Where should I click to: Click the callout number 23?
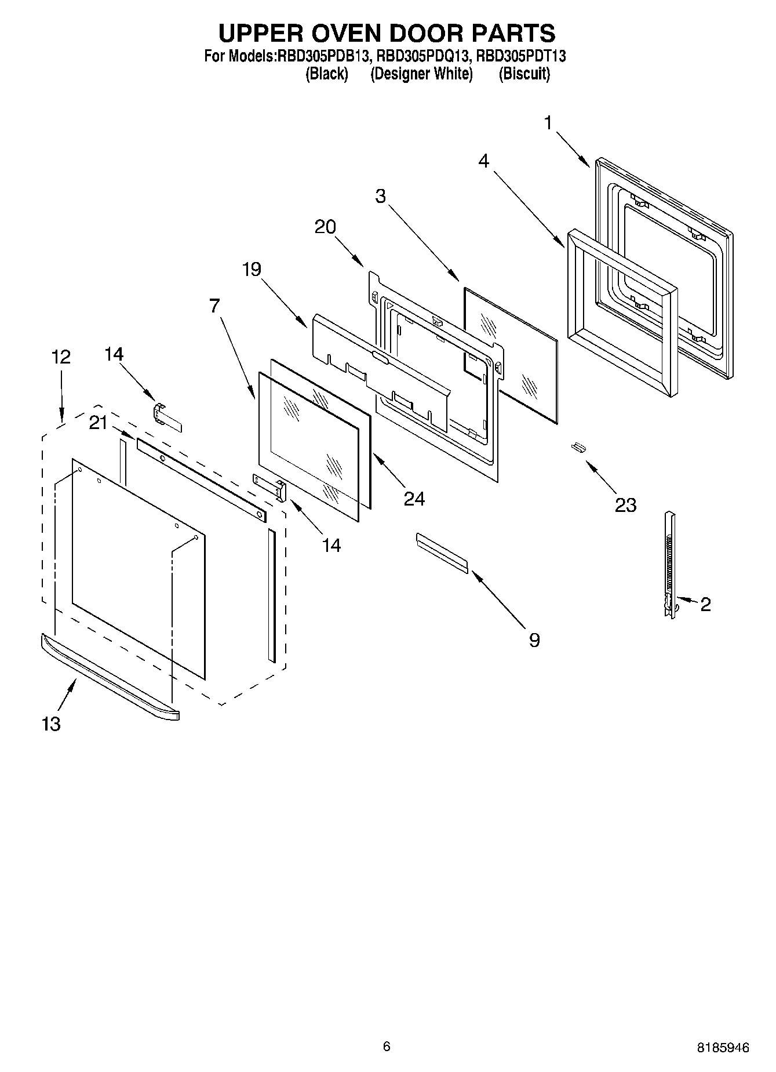click(625, 504)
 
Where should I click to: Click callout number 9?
click(534, 640)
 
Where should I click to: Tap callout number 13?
click(51, 723)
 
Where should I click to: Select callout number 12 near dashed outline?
click(61, 357)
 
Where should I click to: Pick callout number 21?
click(98, 423)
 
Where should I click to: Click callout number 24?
click(414, 498)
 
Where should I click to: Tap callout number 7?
click(214, 306)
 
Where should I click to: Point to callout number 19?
click(252, 269)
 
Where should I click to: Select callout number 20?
click(325, 226)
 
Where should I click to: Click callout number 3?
click(380, 196)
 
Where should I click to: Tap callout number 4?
click(483, 161)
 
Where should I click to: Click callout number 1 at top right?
click(548, 123)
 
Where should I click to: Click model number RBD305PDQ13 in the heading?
click(422, 56)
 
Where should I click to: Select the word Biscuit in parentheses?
click(524, 74)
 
